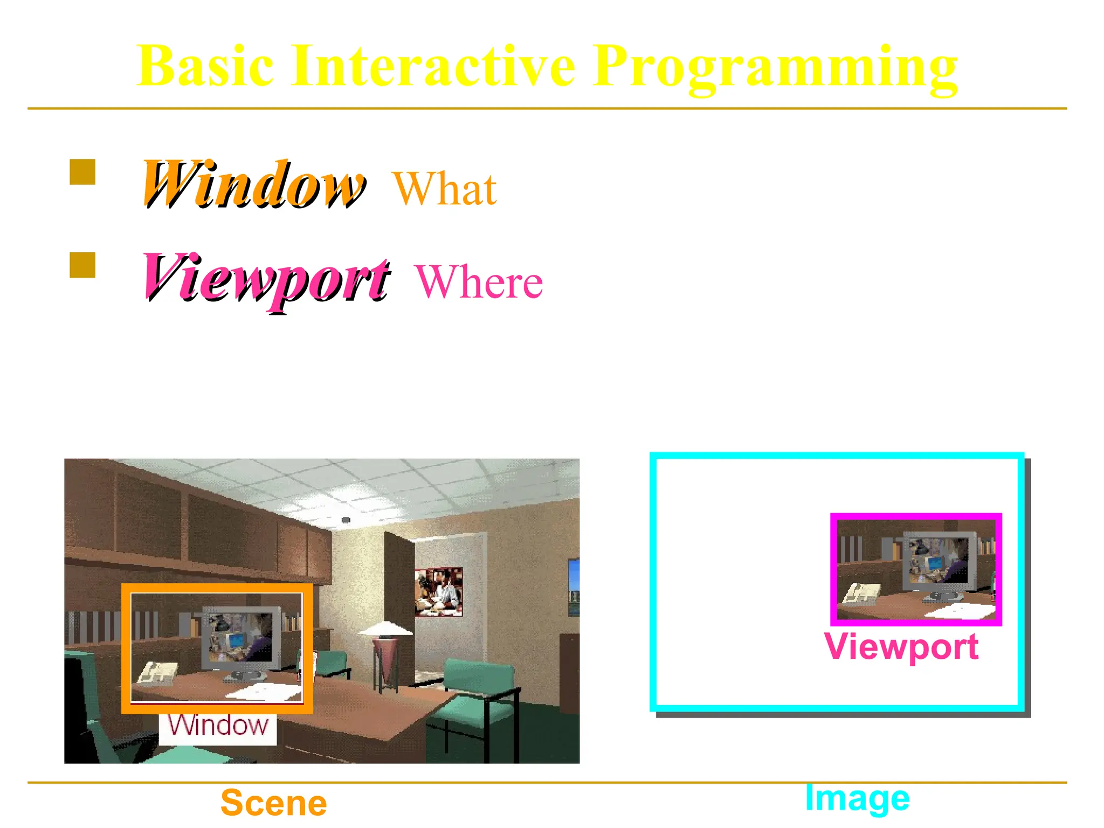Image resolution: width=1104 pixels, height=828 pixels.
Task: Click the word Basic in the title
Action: pyautogui.click(x=205, y=66)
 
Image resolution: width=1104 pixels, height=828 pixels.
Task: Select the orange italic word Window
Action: pyautogui.click(x=253, y=185)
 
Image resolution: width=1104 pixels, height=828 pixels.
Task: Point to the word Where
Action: pyautogui.click(x=479, y=282)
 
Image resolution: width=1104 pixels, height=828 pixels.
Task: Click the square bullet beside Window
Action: pyautogui.click(x=82, y=172)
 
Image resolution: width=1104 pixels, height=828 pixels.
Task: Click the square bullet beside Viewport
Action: pyautogui.click(x=82, y=265)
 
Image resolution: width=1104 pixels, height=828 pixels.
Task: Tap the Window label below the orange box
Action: pyautogui.click(x=218, y=726)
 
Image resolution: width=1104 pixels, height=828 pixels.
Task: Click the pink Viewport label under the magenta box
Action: pyautogui.click(x=901, y=647)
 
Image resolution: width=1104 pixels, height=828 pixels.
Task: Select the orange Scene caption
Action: pyautogui.click(x=274, y=803)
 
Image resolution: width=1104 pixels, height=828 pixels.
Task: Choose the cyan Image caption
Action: pyautogui.click(x=857, y=798)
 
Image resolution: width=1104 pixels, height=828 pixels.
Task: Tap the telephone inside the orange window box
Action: pyautogui.click(x=156, y=674)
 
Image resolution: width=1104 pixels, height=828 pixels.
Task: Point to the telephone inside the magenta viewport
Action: pyautogui.click(x=861, y=595)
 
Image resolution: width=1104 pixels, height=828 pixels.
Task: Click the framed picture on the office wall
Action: pyautogui.click(x=439, y=592)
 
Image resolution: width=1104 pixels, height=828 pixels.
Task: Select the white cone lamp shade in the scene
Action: pyautogui.click(x=385, y=629)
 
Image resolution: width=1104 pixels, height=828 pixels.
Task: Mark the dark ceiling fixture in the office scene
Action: pyautogui.click(x=346, y=520)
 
